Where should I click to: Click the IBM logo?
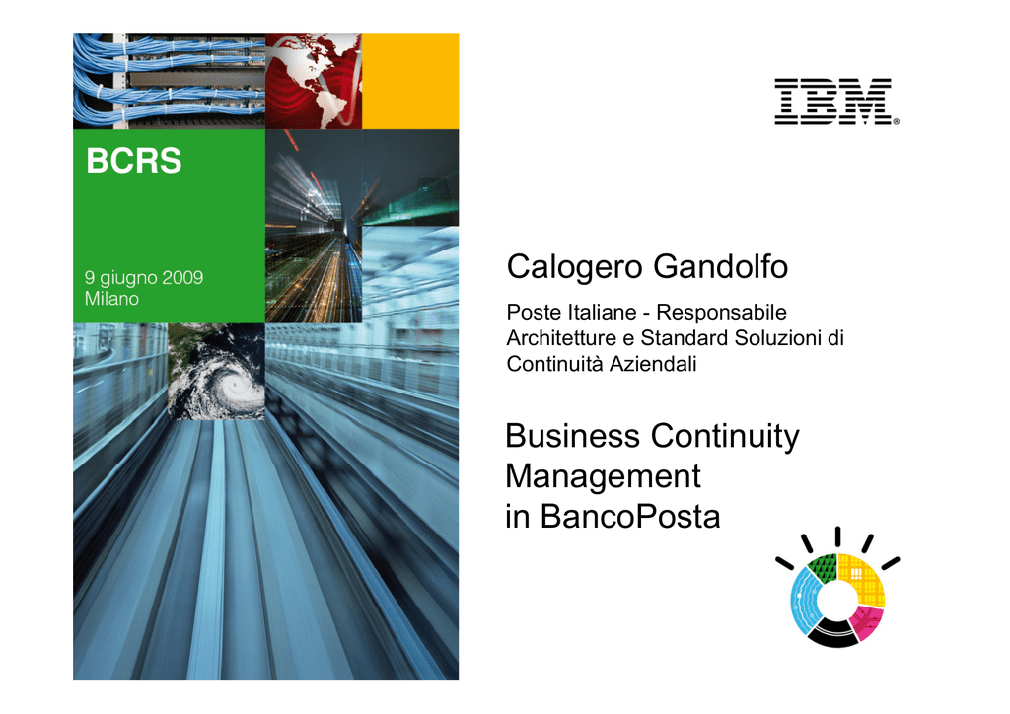[836, 102]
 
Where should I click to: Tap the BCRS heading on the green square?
[134, 161]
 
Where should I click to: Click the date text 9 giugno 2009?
[144, 278]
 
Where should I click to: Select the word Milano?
[111, 299]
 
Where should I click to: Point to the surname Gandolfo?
[720, 266]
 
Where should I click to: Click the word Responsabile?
[721, 313]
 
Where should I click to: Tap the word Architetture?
[561, 338]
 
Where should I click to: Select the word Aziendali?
[653, 365]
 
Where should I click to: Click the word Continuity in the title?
[725, 437]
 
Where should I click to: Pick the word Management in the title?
[603, 477]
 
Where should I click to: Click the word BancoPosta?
[630, 517]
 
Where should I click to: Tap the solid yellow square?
[410, 81]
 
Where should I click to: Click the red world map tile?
[314, 81]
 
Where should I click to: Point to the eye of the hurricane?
[235, 387]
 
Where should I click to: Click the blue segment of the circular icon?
[803, 601]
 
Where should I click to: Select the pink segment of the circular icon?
[866, 622]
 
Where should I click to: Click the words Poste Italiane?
[571, 313]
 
